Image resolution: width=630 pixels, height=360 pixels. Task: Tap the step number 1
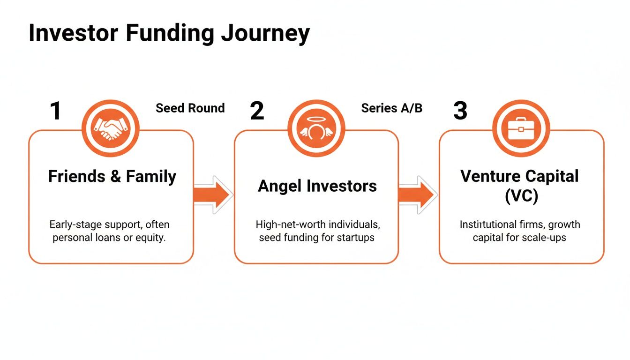[x=56, y=111]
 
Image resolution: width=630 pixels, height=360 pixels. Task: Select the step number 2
[x=257, y=111]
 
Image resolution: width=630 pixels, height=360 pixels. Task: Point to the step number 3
[x=460, y=111]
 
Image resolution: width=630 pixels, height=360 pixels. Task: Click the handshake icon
[x=111, y=128]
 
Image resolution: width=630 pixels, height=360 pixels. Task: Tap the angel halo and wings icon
[x=316, y=128]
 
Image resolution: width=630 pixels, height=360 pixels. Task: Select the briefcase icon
[x=521, y=128]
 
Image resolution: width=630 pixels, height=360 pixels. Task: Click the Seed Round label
[x=190, y=108]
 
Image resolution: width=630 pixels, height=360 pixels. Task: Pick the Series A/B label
[x=391, y=108]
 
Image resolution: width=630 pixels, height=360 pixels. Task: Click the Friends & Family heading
[x=112, y=177]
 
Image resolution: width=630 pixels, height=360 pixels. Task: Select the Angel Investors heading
[x=317, y=186]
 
